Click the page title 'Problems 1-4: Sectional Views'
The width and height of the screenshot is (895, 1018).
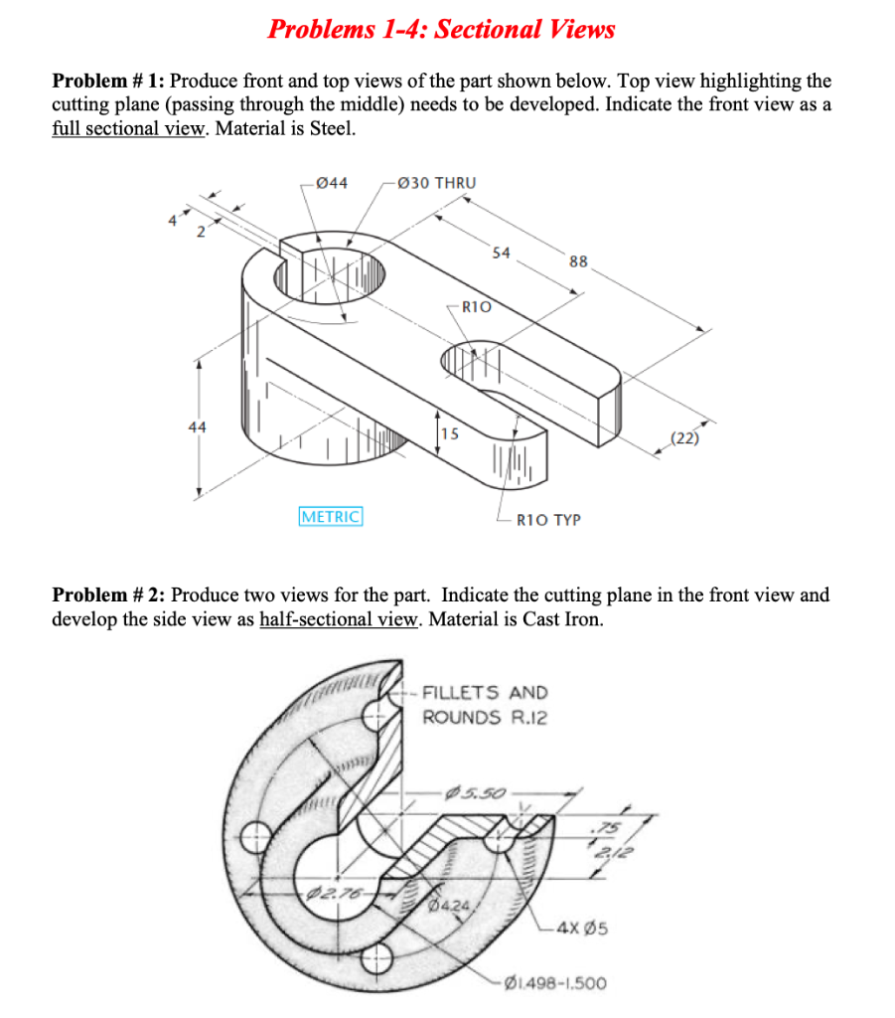(x=441, y=29)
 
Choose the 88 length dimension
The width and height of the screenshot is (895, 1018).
(x=578, y=262)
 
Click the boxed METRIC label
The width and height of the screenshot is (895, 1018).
(x=331, y=517)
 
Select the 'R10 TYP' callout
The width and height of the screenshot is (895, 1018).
(x=548, y=519)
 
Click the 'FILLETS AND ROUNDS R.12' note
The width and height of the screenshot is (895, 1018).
(x=484, y=705)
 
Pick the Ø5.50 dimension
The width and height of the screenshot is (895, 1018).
(x=480, y=793)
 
